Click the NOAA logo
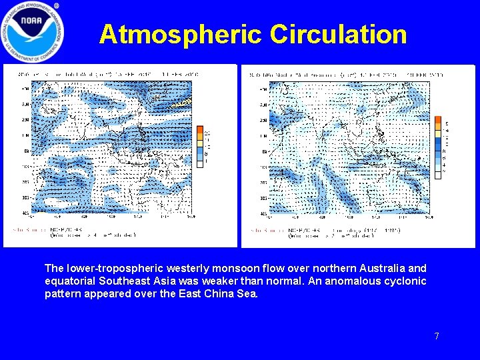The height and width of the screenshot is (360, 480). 33,32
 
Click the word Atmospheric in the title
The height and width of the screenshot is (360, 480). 181,34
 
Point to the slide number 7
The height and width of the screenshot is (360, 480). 437,336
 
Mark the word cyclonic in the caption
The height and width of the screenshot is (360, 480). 403,281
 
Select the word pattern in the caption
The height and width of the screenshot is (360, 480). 62,293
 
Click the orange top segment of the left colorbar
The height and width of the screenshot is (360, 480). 199,130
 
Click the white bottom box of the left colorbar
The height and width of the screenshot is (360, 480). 199,161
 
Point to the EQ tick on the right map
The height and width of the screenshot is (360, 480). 265,151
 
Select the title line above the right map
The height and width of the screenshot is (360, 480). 340,75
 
